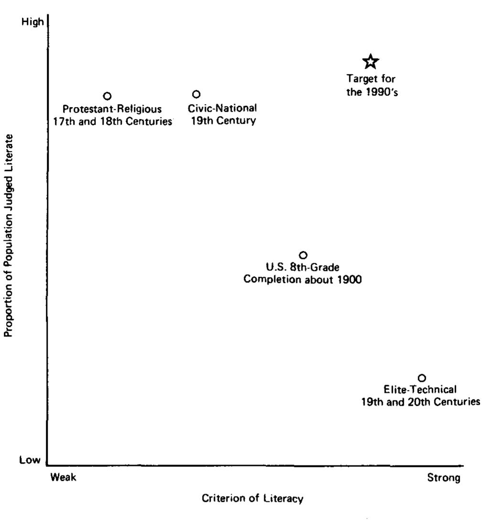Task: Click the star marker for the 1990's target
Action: pos(371,61)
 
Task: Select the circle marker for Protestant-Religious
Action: pos(107,96)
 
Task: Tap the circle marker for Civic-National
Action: pos(196,94)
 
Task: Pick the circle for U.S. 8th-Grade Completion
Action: pos(303,255)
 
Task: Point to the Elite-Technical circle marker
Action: pos(422,378)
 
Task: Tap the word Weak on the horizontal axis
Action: pos(63,478)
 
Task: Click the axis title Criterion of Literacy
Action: pos(253,499)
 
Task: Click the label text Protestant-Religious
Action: pos(112,109)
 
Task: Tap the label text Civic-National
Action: pos(222,108)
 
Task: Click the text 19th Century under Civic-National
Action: pos(223,120)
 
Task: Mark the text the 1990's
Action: pos(372,92)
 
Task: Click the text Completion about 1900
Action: pos(302,280)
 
